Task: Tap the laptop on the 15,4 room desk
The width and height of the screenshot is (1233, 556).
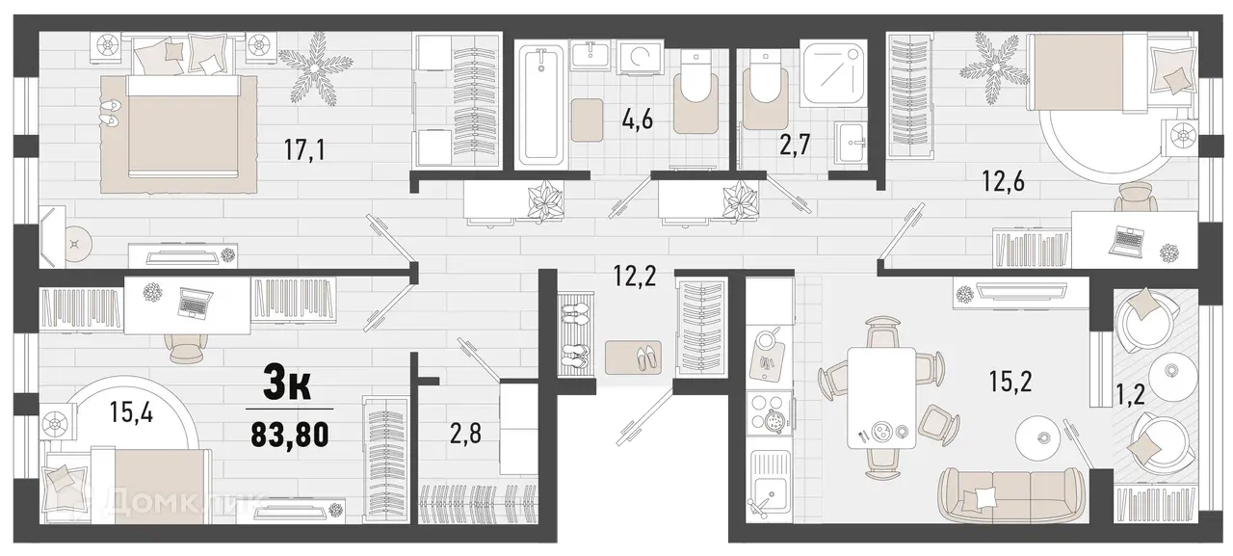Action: (x=194, y=304)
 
